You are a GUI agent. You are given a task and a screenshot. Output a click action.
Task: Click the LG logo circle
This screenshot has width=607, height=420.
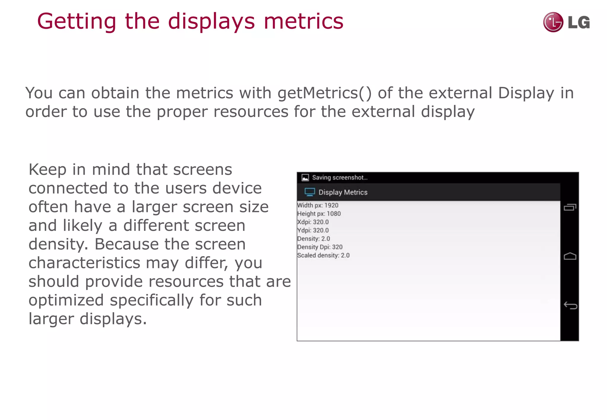click(x=553, y=22)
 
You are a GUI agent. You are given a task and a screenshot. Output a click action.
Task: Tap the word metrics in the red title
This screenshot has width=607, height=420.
click(x=303, y=22)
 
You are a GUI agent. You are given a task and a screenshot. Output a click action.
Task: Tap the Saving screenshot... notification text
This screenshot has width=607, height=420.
click(x=340, y=177)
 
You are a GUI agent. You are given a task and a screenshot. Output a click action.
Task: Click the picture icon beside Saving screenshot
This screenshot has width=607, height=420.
click(x=305, y=178)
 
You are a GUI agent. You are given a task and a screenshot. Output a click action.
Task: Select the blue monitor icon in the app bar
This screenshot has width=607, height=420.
click(x=310, y=192)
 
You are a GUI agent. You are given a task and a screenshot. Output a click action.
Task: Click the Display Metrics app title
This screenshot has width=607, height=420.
click(x=343, y=193)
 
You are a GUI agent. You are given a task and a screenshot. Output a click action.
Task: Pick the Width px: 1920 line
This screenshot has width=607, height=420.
click(x=318, y=205)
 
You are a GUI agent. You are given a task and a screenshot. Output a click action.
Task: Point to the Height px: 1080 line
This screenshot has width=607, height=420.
click(x=319, y=214)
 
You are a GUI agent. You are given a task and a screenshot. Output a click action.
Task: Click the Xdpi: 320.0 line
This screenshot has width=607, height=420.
click(x=313, y=222)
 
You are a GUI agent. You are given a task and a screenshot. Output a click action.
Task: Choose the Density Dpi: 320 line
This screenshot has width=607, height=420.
click(x=320, y=247)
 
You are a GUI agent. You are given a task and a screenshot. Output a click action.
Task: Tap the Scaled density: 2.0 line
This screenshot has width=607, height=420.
click(x=323, y=255)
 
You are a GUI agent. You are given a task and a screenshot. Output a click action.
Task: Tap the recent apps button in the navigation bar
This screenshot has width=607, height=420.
click(x=570, y=207)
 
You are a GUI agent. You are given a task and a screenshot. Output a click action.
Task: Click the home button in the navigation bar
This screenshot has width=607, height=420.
click(x=570, y=256)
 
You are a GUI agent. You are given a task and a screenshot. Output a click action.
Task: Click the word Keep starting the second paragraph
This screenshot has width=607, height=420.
click(x=47, y=170)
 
